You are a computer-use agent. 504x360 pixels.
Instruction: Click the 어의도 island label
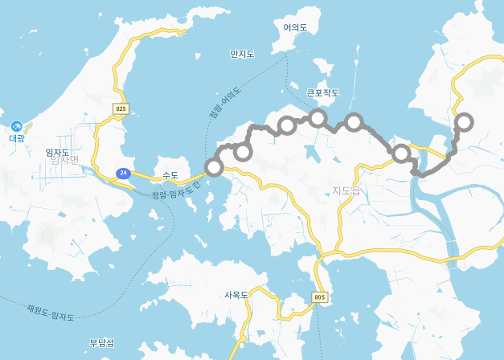tap(295, 27)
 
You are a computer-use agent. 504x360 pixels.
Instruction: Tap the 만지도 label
tap(242, 54)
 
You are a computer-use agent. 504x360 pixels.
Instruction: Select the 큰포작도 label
tap(322, 92)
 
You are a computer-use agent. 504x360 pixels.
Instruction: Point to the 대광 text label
tap(17, 138)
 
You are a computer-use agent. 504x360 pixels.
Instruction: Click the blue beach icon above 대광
tap(17, 126)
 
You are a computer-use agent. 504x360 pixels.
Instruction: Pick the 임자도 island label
tap(57, 152)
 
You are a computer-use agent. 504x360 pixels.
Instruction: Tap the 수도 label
tap(170, 175)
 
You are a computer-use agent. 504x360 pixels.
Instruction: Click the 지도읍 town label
tap(346, 190)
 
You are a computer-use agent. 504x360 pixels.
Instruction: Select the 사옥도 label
tap(236, 295)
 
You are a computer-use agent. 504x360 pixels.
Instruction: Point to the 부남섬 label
tap(101, 343)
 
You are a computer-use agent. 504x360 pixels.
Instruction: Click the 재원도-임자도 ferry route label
tap(50, 313)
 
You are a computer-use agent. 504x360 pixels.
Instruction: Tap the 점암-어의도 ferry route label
tap(225, 103)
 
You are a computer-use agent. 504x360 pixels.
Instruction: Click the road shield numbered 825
tap(121, 108)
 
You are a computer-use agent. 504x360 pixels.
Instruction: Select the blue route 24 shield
tap(123, 173)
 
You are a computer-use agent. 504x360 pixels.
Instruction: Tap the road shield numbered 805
tap(320, 297)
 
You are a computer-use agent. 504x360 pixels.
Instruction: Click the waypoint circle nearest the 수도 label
tap(214, 167)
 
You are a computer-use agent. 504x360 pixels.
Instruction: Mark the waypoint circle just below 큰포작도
tap(318, 118)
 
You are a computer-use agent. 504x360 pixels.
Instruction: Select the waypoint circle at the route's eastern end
tap(464, 122)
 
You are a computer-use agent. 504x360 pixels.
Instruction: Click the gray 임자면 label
tap(64, 160)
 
